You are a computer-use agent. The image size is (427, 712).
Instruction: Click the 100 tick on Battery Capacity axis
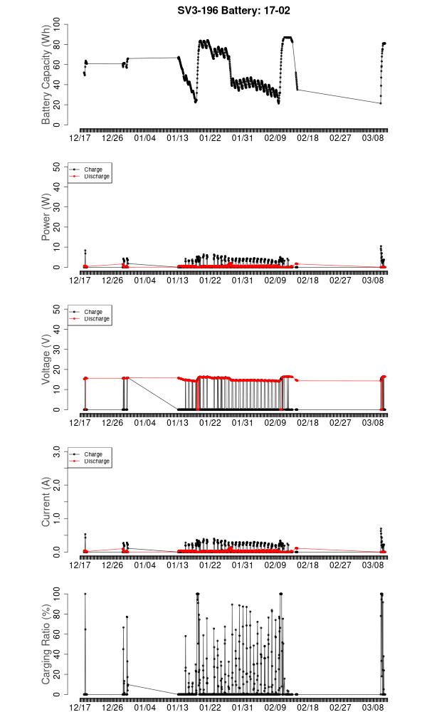pos(57,25)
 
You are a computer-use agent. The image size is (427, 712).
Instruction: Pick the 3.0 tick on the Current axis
pos(57,452)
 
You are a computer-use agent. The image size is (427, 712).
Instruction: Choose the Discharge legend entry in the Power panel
pos(97,176)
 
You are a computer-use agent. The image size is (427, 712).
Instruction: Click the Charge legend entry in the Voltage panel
pos(93,312)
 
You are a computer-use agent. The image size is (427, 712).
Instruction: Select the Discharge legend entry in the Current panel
pos(97,461)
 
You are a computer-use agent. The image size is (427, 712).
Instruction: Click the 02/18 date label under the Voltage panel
pos(308,423)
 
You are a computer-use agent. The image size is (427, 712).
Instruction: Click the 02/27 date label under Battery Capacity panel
pos(340,138)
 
